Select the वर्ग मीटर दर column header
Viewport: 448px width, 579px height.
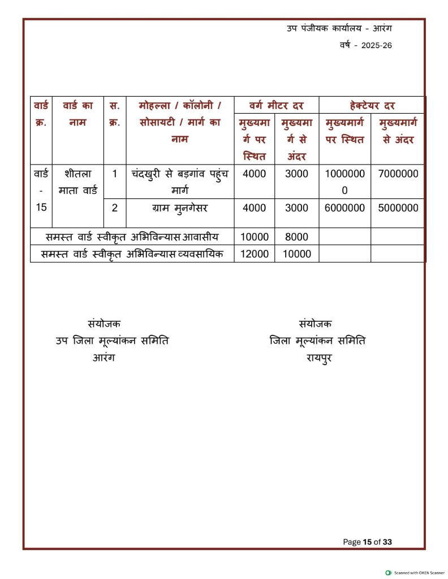point(277,105)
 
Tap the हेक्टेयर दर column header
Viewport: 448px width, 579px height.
point(372,105)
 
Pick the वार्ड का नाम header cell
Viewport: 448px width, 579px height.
point(77,114)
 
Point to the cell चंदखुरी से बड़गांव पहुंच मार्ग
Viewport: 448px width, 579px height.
point(179,181)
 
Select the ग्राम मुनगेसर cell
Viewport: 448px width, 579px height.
point(179,208)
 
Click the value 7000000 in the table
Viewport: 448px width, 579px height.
point(398,174)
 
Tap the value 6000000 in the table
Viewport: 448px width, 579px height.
point(344,208)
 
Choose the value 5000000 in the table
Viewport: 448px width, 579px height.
point(398,208)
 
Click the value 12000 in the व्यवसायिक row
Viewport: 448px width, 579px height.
point(255,254)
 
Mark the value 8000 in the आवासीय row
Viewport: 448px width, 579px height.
point(296,237)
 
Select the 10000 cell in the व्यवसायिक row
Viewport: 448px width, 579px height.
point(296,254)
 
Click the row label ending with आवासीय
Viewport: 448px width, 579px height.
point(132,237)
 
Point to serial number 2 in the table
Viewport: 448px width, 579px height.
point(114,208)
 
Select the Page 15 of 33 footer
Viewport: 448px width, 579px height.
point(367,542)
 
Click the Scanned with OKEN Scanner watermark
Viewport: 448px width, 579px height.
point(415,573)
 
